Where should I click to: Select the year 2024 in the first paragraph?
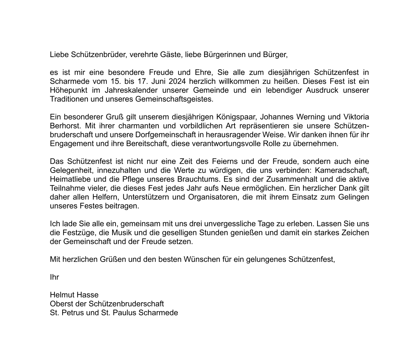click(178, 81)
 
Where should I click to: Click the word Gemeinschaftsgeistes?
click(174, 99)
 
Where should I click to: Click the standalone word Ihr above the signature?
click(54, 277)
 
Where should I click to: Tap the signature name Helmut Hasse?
click(74, 295)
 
